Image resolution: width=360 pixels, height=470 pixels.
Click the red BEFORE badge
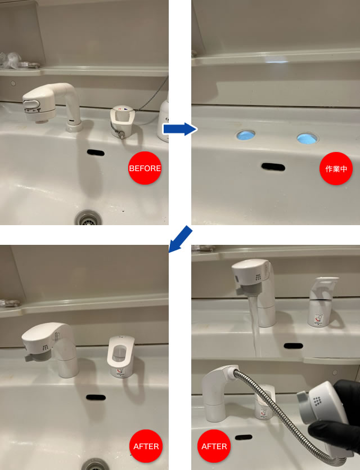145,168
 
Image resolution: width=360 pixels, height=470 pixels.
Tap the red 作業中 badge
336,168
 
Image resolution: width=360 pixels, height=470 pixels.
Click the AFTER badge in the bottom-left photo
146,446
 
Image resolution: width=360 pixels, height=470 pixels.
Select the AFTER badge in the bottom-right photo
214,446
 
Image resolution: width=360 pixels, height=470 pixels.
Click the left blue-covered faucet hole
246,136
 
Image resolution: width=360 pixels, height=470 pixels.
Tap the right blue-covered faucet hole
307,137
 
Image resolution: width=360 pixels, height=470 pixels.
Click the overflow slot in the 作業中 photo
273,167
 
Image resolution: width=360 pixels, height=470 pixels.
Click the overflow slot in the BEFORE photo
96,153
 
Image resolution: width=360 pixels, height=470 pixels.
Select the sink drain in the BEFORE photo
89,218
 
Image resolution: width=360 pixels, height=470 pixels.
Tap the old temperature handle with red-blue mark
123,120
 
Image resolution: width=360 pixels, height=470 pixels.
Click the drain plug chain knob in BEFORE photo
123,136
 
